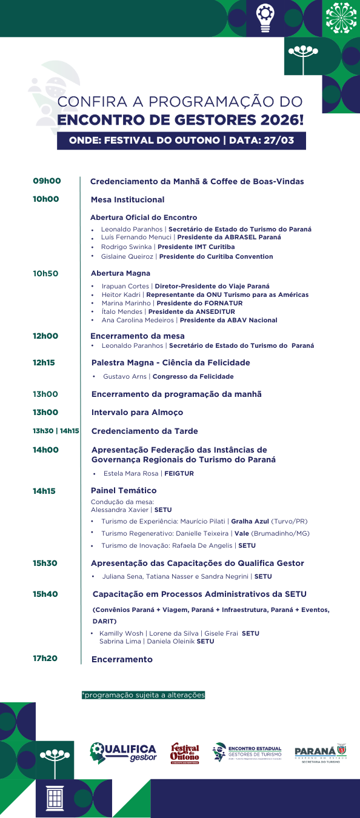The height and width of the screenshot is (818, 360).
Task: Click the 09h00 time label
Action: (x=47, y=181)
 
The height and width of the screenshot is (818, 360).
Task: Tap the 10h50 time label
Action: (x=45, y=273)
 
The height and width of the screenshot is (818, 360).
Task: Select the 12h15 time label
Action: (x=44, y=362)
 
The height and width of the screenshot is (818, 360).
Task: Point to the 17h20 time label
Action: (x=45, y=658)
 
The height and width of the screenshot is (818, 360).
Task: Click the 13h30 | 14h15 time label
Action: (x=56, y=431)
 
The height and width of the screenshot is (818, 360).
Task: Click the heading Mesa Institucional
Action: (x=127, y=199)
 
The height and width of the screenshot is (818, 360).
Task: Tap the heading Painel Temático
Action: (x=124, y=490)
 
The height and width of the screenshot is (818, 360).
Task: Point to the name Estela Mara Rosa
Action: (x=131, y=473)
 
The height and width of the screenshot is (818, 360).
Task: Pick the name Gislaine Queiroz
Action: (x=127, y=256)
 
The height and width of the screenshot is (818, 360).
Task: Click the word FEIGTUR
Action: (x=179, y=473)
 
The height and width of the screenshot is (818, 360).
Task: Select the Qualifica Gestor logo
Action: (x=123, y=752)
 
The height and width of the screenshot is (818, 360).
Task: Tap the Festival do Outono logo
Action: (x=185, y=753)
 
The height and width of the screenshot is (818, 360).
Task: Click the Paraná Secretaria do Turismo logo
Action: (x=320, y=753)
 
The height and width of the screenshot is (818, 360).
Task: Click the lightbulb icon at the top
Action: (x=264, y=17)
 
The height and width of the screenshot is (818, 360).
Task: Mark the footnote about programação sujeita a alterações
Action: (x=143, y=695)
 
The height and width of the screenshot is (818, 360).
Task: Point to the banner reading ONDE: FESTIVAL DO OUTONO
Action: (x=181, y=140)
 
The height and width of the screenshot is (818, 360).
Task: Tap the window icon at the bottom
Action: (x=55, y=797)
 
